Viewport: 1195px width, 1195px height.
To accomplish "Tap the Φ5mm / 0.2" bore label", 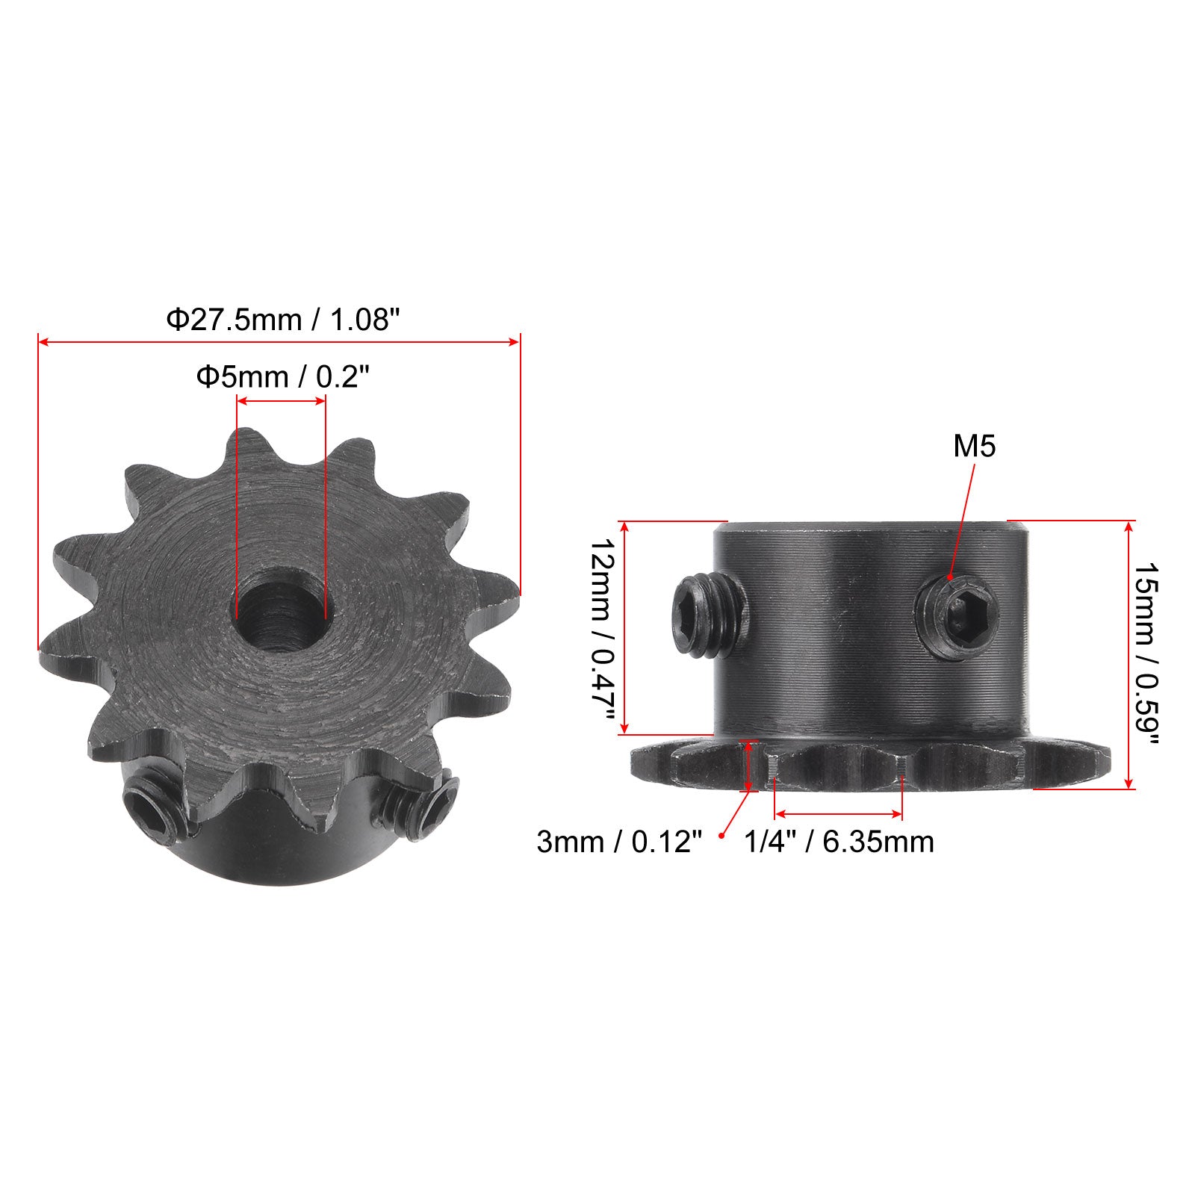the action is (x=283, y=377).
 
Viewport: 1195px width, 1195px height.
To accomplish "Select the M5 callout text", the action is (x=975, y=447).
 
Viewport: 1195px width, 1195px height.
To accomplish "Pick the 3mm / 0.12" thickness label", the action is (x=620, y=842).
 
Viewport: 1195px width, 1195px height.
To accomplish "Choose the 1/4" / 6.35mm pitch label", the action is (x=839, y=842).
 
